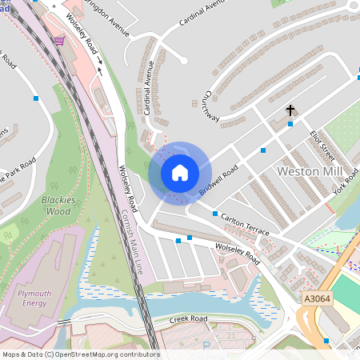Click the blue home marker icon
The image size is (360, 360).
[179, 173]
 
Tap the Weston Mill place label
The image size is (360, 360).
[309, 172]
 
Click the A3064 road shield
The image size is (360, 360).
[317, 298]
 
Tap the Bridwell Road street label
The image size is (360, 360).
[218, 181]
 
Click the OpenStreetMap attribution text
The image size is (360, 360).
[80, 354]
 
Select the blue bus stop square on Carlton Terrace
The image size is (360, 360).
[214, 214]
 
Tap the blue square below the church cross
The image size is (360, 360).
[290, 124]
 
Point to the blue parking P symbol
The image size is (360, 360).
[205, 346]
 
